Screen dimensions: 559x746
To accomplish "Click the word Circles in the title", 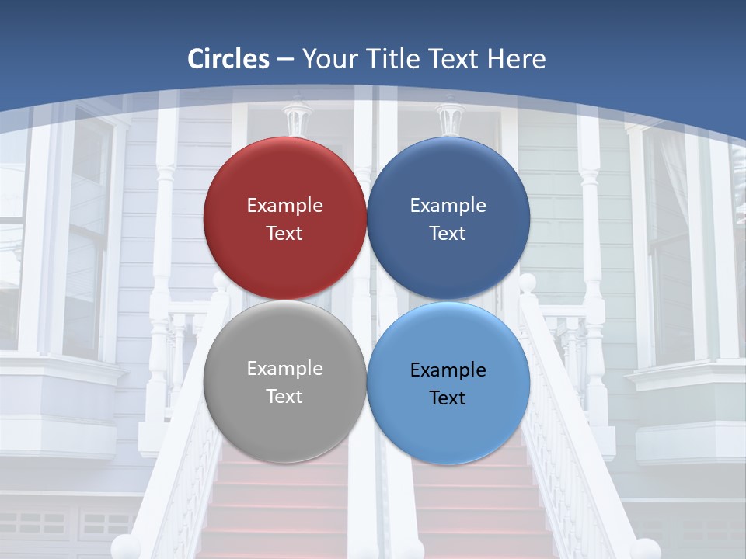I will [228, 59].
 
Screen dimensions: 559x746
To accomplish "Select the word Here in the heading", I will [516, 59].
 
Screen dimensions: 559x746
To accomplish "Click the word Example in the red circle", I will [284, 206].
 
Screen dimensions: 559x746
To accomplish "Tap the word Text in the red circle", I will [284, 234].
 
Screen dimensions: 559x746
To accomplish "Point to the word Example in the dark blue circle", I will [448, 206].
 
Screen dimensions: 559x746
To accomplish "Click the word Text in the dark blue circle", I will [448, 234].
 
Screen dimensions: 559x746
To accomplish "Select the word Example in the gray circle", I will [284, 369].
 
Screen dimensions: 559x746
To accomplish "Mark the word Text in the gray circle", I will [284, 397].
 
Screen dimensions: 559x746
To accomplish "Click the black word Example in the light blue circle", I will [448, 370].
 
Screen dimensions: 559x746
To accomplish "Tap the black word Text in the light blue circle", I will [448, 398].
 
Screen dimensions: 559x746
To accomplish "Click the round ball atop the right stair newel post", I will [528, 283].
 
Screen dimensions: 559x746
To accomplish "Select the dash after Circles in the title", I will [284, 60].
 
